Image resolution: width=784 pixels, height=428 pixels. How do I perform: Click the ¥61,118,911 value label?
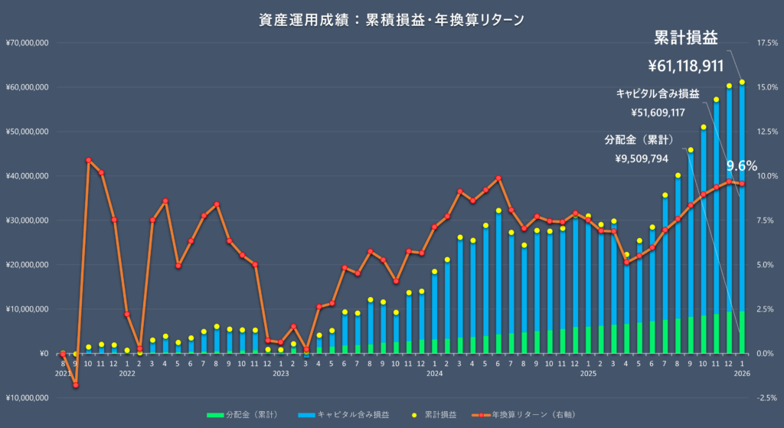point(686,66)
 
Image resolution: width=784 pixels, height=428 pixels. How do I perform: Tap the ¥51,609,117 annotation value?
point(658,113)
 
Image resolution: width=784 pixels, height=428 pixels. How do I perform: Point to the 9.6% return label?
point(741,165)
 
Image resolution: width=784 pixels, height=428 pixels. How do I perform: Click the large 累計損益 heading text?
point(686,38)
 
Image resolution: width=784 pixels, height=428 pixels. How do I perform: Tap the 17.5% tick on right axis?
point(767,43)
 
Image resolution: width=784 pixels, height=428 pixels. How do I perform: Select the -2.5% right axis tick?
point(767,398)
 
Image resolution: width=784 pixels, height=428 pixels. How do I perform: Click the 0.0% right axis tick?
point(767,354)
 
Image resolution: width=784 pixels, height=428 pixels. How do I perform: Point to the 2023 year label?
point(281,374)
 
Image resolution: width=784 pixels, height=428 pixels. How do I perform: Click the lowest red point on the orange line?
point(76,385)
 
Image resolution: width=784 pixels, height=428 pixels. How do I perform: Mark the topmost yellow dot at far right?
point(742,82)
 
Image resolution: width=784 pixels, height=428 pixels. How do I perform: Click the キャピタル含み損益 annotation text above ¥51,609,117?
point(658,93)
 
